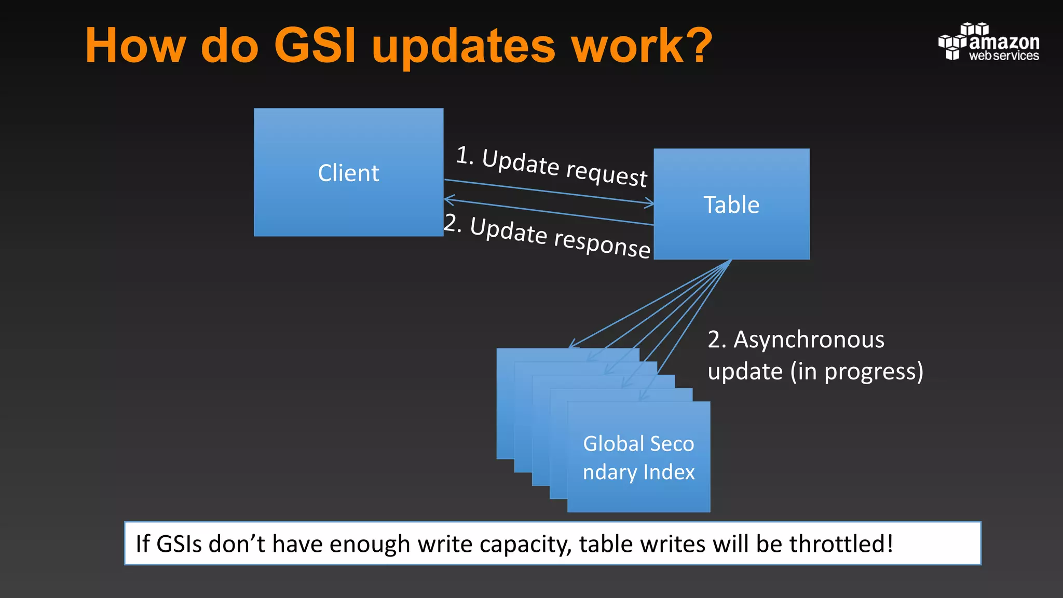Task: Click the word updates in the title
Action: click(464, 48)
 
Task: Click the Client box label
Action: click(348, 173)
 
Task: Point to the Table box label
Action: click(731, 205)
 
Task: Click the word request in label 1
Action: click(606, 173)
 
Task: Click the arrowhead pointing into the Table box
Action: click(649, 203)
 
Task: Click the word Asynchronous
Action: click(808, 340)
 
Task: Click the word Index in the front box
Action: click(669, 472)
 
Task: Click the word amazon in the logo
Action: click(1004, 42)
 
